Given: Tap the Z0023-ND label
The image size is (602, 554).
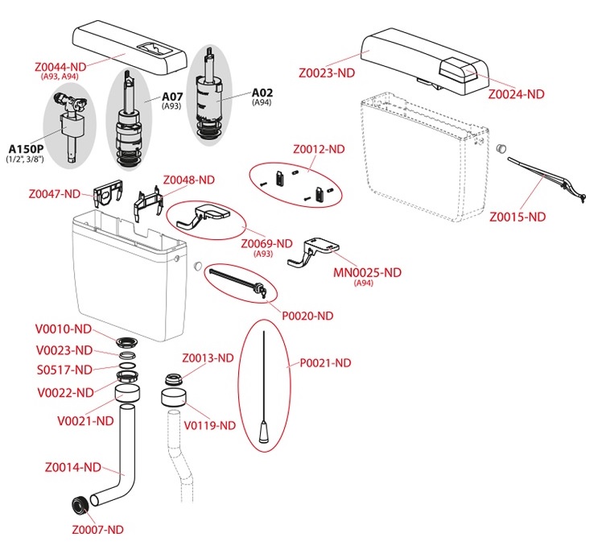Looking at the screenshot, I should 327,72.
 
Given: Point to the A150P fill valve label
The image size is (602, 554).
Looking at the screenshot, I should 27,148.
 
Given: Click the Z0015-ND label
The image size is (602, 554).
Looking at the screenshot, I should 517,217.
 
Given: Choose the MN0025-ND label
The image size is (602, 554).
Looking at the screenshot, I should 367,272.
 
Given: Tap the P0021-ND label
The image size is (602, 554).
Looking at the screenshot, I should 325,363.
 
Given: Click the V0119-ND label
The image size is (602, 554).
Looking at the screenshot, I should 210,424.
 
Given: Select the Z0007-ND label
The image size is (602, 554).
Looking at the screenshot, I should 97,529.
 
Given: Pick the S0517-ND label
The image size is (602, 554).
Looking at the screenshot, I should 65,370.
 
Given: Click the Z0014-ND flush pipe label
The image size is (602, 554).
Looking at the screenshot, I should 73,467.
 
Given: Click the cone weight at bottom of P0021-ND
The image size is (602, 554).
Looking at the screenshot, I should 263,434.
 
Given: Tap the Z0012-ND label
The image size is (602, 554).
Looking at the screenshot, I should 319,149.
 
